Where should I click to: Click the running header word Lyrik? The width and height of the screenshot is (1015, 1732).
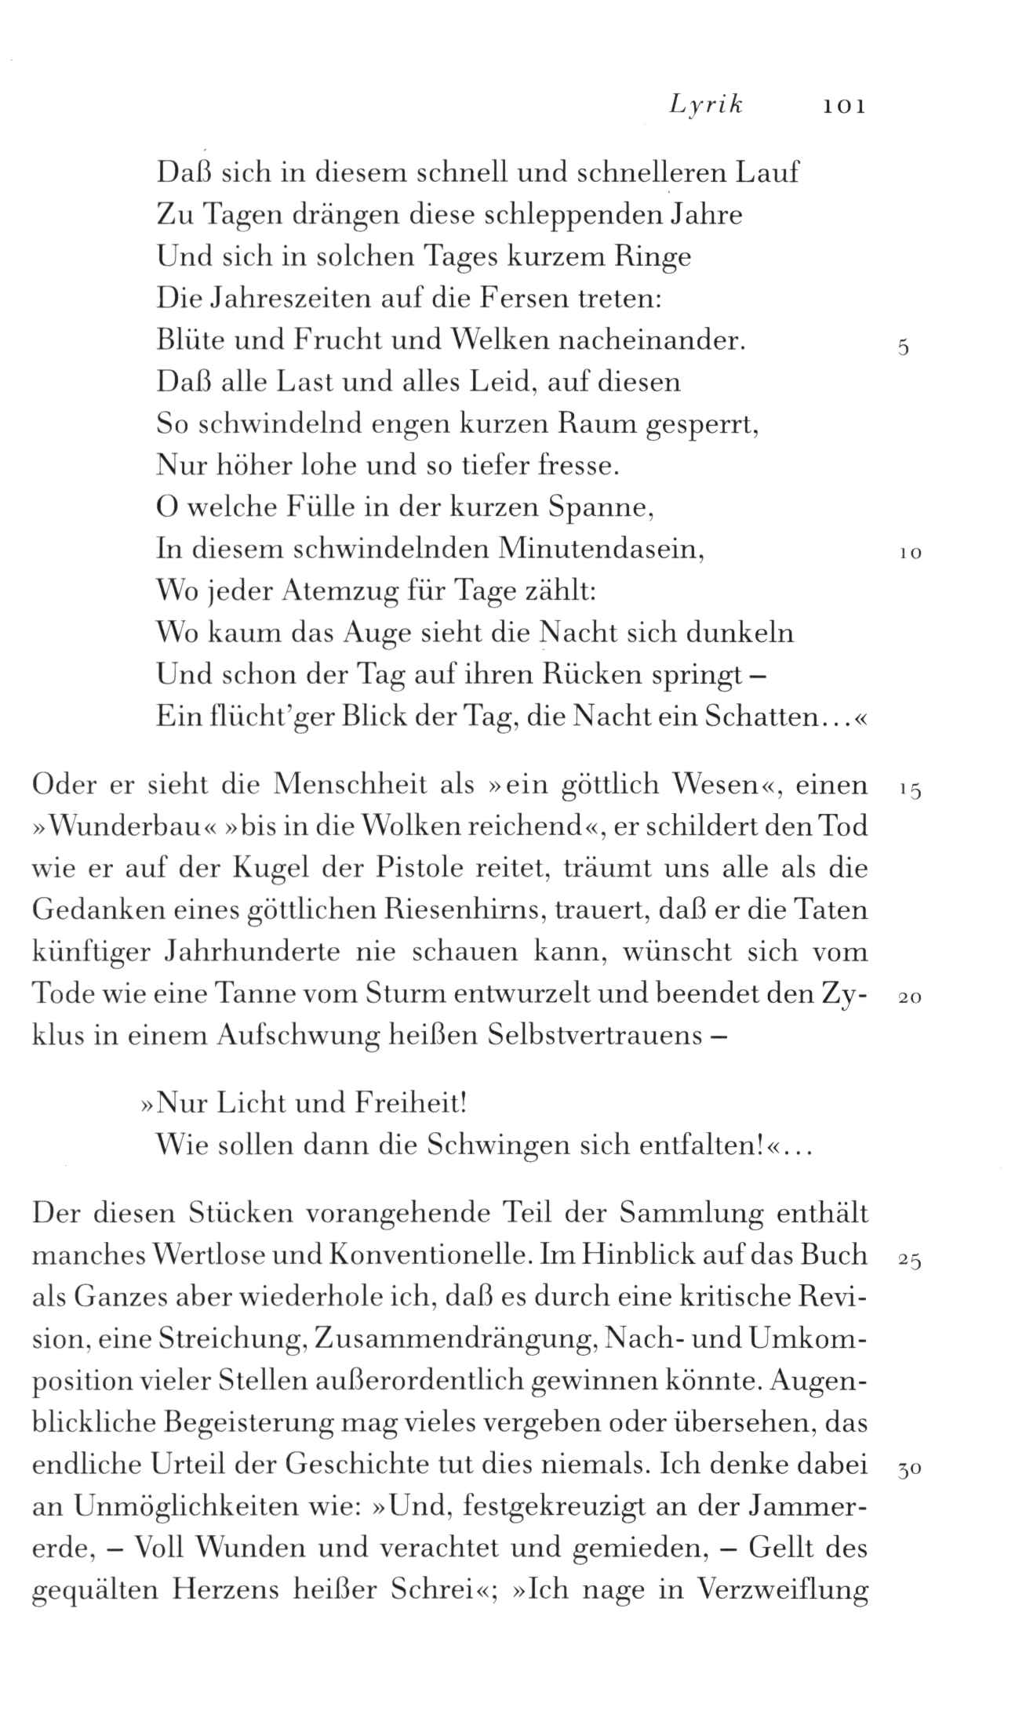pyautogui.click(x=706, y=105)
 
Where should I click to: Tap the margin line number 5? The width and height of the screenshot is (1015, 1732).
pyautogui.click(x=903, y=349)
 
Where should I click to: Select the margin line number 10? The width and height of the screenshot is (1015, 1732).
pyautogui.click(x=909, y=554)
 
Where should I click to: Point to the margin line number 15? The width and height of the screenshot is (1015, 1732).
pyautogui.click(x=910, y=792)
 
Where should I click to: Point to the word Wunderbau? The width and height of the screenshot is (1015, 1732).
pyautogui.click(x=124, y=827)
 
